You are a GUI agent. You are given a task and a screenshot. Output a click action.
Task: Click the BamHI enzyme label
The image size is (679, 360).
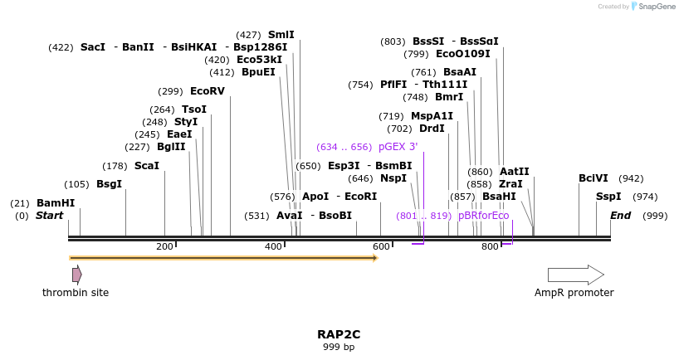[56, 203]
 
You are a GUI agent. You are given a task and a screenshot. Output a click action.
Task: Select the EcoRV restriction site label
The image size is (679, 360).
[207, 91]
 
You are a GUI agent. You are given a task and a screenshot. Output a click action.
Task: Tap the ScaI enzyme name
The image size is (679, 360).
[146, 166]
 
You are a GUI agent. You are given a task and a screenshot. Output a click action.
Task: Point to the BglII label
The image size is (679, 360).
[171, 147]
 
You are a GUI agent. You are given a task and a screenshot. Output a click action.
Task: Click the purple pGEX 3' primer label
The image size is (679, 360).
[398, 147]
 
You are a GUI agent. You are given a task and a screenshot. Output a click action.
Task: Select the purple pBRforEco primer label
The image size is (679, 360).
[483, 216]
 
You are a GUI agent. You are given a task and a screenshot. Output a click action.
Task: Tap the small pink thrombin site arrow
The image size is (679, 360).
[76, 275]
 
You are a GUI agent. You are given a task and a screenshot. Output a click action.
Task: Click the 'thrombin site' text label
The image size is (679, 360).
[76, 293]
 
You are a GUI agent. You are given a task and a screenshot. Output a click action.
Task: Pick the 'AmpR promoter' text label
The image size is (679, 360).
[574, 293]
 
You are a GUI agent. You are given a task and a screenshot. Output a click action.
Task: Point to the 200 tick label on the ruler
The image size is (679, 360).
[164, 246]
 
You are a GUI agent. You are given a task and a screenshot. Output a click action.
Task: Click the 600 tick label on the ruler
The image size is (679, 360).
[381, 246]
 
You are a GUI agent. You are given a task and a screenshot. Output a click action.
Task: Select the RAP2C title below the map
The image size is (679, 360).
[339, 334]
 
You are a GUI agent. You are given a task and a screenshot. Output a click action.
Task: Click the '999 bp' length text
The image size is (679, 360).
[339, 347]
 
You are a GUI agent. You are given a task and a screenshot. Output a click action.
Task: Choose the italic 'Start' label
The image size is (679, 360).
[49, 216]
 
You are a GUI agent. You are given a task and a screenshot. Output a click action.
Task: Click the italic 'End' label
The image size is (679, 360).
[621, 216]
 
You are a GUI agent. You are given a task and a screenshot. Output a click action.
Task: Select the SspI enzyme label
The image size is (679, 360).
[608, 197]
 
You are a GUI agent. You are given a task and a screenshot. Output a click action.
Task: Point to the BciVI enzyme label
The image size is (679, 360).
[593, 178]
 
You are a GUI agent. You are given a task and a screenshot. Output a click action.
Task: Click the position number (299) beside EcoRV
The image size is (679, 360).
[170, 91]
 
